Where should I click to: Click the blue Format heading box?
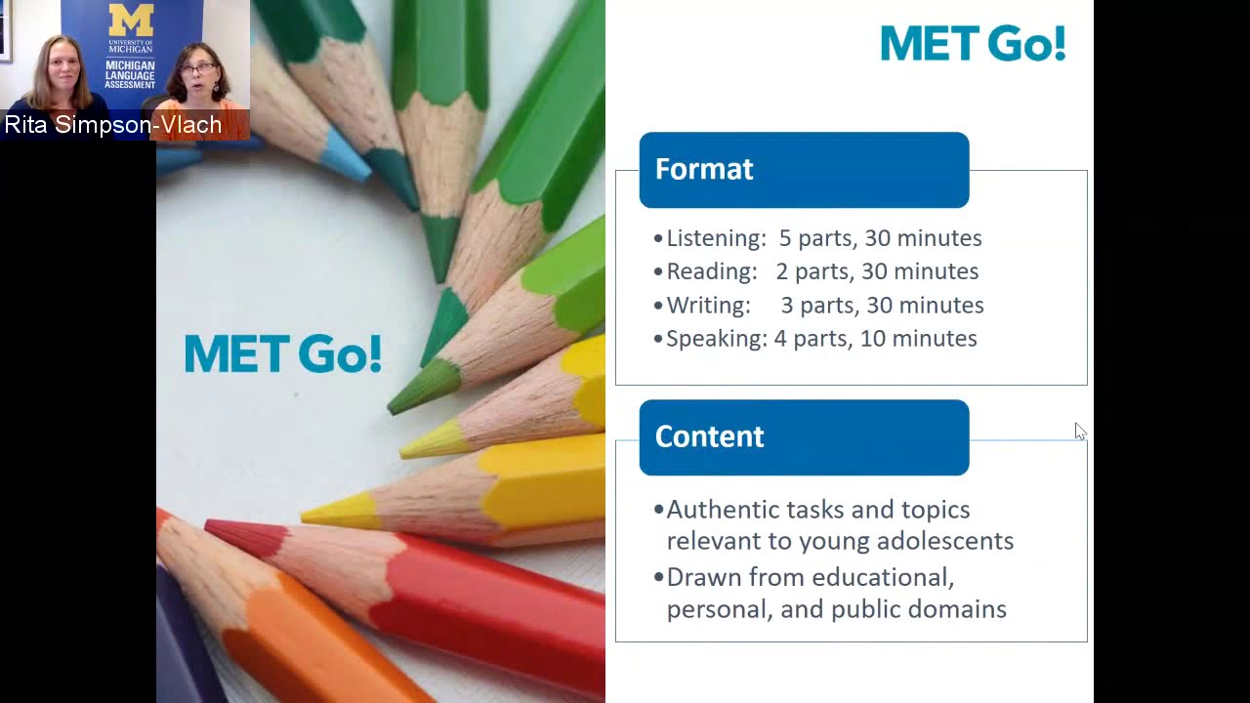click(x=804, y=170)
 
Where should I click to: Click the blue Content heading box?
click(x=804, y=437)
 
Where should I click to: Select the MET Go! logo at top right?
click(x=973, y=44)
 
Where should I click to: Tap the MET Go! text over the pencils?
click(x=282, y=353)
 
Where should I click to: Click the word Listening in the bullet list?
click(x=716, y=238)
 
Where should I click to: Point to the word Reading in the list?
click(x=711, y=271)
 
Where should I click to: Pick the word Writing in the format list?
click(x=708, y=306)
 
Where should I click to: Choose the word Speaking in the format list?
click(x=717, y=339)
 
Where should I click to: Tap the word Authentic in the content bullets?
click(x=721, y=510)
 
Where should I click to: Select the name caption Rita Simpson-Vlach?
click(x=113, y=125)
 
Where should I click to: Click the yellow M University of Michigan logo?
click(x=131, y=21)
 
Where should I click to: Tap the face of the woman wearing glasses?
click(x=198, y=78)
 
